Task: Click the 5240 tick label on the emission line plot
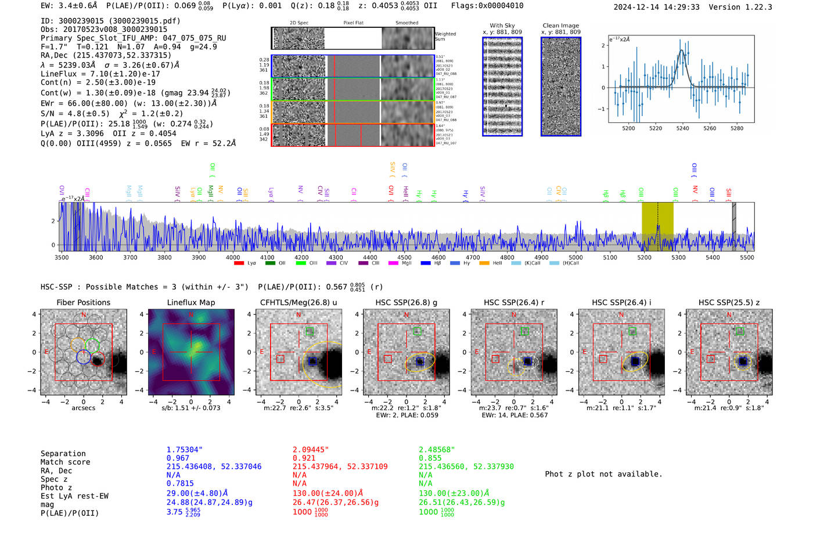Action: [x=682, y=128]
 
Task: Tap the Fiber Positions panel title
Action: [x=83, y=302]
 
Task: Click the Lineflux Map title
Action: [x=191, y=302]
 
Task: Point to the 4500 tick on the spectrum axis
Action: [x=404, y=257]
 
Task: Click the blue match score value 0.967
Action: [x=178, y=458]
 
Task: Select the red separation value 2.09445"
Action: [x=311, y=450]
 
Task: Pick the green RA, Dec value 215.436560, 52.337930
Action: [x=466, y=467]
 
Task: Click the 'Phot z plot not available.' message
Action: [x=603, y=474]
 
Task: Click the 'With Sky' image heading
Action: [x=502, y=26]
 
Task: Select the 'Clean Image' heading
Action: [x=560, y=26]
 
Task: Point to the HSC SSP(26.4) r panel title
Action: [x=514, y=302]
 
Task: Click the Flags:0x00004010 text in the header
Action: [x=487, y=6]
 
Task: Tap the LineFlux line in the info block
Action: [x=100, y=74]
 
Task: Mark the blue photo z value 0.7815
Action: [x=180, y=483]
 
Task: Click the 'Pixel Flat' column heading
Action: [x=353, y=23]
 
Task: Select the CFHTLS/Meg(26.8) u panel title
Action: [x=298, y=302]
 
